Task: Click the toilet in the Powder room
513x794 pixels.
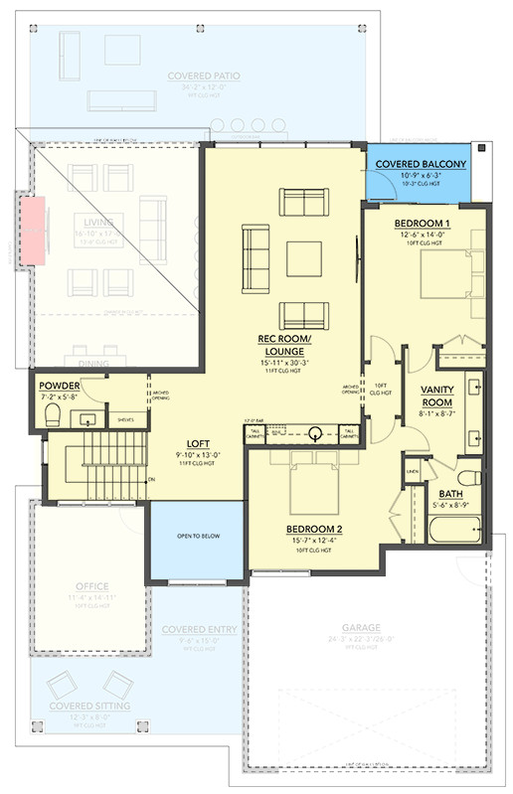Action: pyautogui.click(x=55, y=413)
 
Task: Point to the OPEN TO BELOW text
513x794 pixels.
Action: pyautogui.click(x=198, y=536)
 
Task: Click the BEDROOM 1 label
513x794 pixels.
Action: pyautogui.click(x=422, y=223)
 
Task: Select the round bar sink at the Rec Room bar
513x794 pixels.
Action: pyautogui.click(x=315, y=432)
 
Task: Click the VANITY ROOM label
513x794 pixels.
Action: pyautogui.click(x=437, y=395)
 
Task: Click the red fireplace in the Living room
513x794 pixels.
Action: pyautogui.click(x=34, y=231)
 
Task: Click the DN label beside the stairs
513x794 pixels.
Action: pyautogui.click(x=152, y=480)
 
